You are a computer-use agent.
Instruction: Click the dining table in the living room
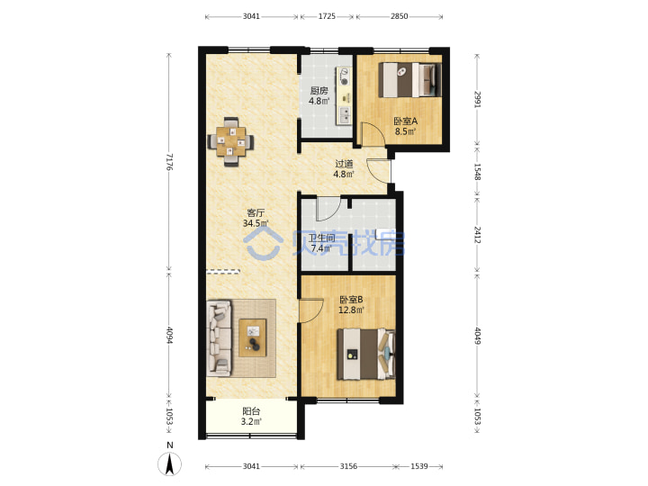230,142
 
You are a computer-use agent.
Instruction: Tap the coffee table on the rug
253,337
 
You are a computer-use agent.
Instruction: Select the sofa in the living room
219,338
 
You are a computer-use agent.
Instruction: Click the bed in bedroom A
409,79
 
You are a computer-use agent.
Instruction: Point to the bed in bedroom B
365,354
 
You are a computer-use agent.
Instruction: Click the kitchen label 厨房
319,91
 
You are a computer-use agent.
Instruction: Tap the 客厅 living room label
256,213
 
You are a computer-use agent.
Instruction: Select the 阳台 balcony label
251,411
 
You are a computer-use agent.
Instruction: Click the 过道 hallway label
344,164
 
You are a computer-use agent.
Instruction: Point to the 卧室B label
351,299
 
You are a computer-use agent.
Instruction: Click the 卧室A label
405,121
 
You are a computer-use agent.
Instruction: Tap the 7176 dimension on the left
169,162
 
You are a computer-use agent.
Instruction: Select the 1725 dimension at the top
327,16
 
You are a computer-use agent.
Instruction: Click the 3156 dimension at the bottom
348,466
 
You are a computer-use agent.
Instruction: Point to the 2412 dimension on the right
477,234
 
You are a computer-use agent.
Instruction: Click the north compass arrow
169,463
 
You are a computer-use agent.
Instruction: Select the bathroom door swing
328,209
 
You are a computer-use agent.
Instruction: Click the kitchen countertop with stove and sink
345,96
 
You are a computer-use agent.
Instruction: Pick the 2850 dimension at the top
400,16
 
